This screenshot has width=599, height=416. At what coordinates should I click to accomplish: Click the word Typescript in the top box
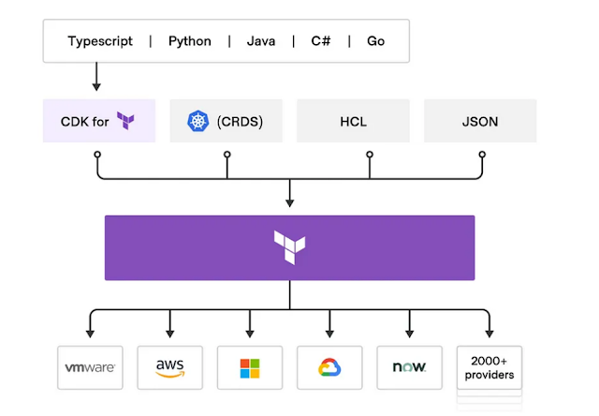tap(100, 41)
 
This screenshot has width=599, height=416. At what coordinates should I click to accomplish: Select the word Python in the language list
tap(190, 41)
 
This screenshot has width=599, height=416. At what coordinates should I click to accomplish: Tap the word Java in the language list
tap(261, 41)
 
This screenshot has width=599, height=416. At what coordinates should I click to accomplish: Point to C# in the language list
tap(319, 41)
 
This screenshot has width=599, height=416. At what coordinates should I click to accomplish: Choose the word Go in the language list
tap(376, 41)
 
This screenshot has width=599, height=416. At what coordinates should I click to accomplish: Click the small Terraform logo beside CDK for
tap(126, 121)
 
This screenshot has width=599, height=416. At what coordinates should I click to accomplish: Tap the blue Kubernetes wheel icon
tap(197, 121)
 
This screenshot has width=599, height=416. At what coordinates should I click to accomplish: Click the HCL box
tap(353, 121)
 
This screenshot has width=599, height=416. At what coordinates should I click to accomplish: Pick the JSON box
tap(480, 121)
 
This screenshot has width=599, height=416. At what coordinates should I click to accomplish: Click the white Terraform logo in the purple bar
tap(289, 247)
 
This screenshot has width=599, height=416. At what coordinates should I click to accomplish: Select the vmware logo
tap(90, 368)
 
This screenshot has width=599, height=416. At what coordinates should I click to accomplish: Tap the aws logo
tap(169, 367)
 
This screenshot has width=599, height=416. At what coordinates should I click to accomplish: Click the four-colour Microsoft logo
tap(250, 368)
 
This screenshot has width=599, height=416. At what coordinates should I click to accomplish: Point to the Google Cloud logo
tap(329, 368)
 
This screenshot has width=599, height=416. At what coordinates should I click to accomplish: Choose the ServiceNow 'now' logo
tap(410, 368)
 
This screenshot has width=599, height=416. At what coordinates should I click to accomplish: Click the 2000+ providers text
tap(489, 367)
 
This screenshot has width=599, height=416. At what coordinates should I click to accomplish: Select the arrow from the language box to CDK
tap(97, 76)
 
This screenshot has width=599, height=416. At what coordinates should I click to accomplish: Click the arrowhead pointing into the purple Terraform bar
tap(289, 201)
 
